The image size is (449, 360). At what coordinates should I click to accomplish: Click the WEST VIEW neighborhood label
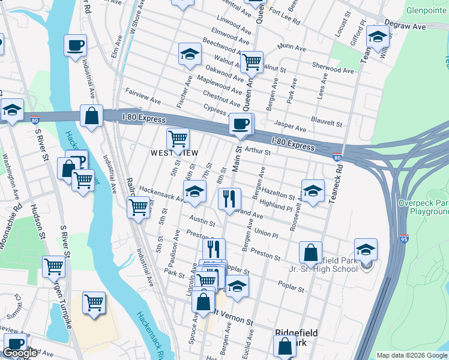174,153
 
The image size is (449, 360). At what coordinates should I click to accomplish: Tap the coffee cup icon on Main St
241,124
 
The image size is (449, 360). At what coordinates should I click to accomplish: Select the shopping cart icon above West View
178,139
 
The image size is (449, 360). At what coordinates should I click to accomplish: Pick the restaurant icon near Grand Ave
229,199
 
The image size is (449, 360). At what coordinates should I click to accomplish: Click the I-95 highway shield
404,239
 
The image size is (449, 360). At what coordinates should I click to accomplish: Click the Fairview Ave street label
142,95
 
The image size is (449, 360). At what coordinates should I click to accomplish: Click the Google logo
20,353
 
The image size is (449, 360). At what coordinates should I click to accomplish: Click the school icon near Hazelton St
312,191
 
